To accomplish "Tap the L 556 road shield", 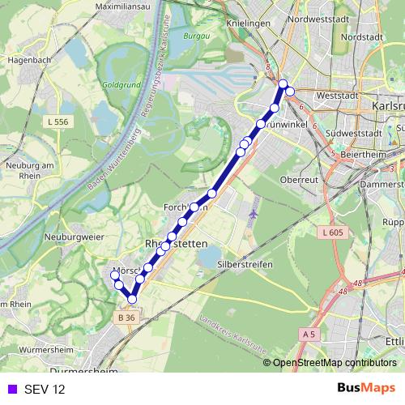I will pyautogui.click(x=57, y=121).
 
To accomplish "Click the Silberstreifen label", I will pyautogui.click(x=244, y=264).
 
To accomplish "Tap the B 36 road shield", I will pyautogui.click(x=126, y=318).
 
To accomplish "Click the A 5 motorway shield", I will pyautogui.click(x=309, y=333).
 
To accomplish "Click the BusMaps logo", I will pyautogui.click(x=366, y=388).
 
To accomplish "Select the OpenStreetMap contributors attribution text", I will pyautogui.click(x=335, y=363).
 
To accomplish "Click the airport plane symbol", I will pyautogui.click(x=254, y=214).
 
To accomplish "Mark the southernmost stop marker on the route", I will pyautogui.click(x=132, y=301).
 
